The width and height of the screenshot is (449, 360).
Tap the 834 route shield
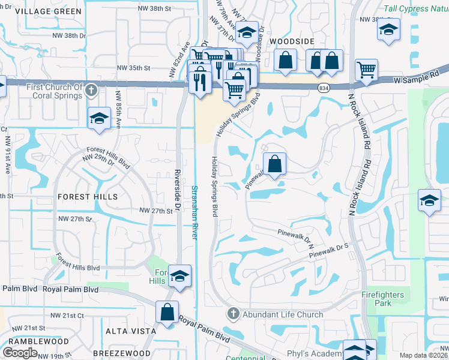pyautogui.click(x=323, y=88)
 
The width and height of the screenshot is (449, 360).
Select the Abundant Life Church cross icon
pyautogui.click(x=233, y=314)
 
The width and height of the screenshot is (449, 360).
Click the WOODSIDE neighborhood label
pyautogui.click(x=292, y=40)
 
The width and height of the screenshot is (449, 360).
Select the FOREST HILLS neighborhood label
pyautogui.click(x=88, y=196)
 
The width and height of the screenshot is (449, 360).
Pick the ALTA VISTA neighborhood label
pyautogui.click(x=131, y=331)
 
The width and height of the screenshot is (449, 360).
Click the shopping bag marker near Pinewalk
pyautogui.click(x=274, y=164)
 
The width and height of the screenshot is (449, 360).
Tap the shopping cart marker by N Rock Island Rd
pyautogui.click(x=366, y=70)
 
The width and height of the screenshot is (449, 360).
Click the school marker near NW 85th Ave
pyautogui.click(x=99, y=118)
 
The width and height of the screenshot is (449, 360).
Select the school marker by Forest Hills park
pyautogui.click(x=179, y=276)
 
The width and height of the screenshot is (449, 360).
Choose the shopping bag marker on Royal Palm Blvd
pyautogui.click(x=167, y=312)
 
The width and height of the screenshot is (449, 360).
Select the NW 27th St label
pyautogui.click(x=156, y=211)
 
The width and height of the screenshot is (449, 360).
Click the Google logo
pyautogui.click(x=20, y=352)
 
